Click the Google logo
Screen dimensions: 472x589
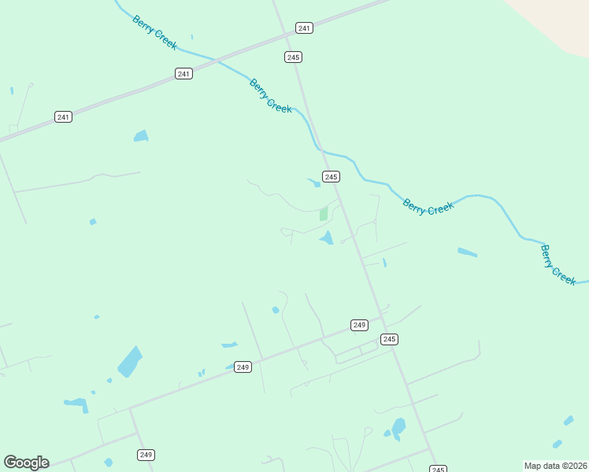coord(26,463)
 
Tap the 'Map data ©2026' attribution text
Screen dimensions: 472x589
coord(555,466)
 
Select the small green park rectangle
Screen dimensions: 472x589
coord(324,214)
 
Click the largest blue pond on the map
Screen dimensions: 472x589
coord(130,362)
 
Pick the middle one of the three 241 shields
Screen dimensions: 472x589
coord(183,74)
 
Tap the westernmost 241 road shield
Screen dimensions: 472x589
coord(64,117)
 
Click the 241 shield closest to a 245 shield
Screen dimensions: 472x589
coord(305,28)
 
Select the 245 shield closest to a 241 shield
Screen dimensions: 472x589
coord(294,57)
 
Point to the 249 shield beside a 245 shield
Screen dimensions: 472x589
coord(359,325)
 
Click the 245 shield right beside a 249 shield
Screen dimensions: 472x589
coord(389,339)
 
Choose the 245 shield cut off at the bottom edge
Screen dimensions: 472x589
coord(439,469)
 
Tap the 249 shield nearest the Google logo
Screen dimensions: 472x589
coord(146,455)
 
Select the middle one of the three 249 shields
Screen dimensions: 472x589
coord(243,367)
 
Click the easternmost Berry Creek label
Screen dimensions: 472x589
coord(558,264)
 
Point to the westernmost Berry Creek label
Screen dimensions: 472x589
coord(154,32)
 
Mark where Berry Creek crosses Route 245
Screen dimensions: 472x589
coord(318,147)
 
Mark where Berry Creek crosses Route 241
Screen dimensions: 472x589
coord(214,59)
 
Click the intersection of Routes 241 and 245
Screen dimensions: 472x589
coord(286,35)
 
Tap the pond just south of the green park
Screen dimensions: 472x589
coord(327,238)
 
